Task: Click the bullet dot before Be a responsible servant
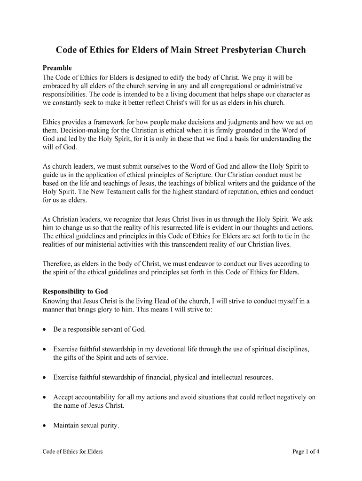[44, 330]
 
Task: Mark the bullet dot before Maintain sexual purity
[44, 427]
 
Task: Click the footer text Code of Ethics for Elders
[72, 452]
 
